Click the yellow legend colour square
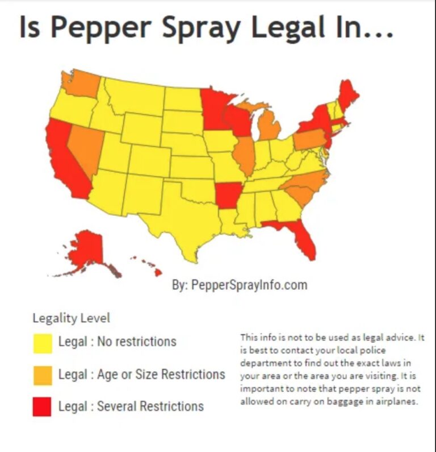point(42,343)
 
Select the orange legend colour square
point(42,375)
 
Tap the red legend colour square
point(42,407)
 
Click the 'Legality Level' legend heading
point(71,318)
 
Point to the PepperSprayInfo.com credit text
point(240,285)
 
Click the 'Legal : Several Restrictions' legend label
point(131,407)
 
